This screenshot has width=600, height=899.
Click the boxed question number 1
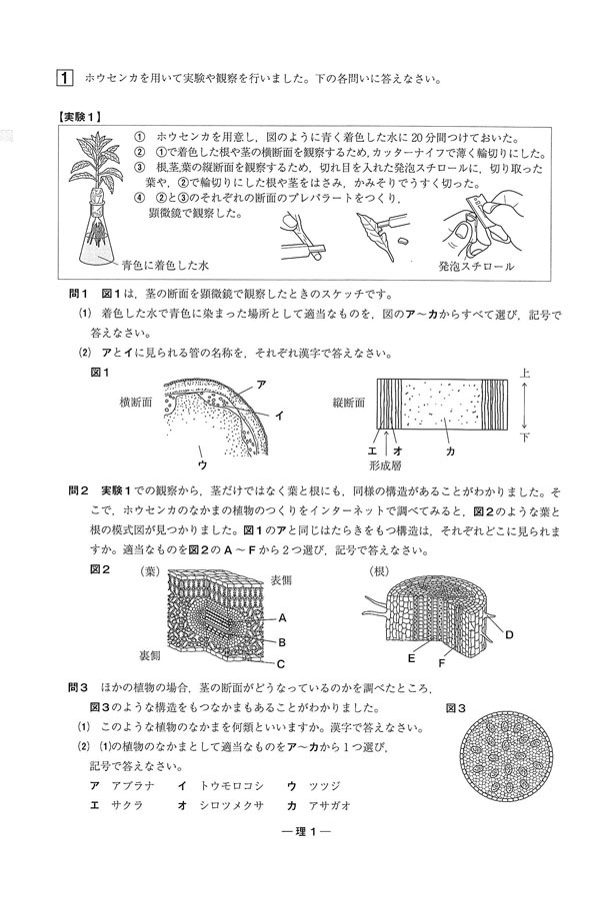[65, 77]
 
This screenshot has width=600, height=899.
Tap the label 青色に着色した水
[165, 267]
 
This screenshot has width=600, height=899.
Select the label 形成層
[387, 465]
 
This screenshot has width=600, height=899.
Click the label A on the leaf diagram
[283, 617]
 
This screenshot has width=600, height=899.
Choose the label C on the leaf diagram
[282, 663]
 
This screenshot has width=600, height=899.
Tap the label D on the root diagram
[508, 634]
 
